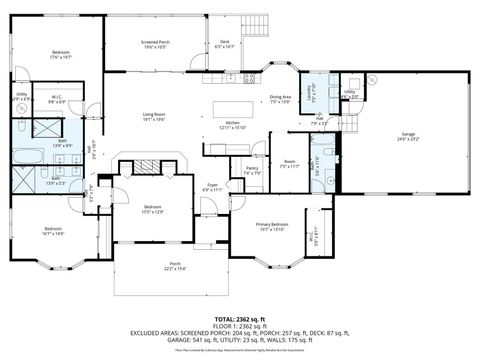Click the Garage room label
(408, 136)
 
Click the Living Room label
(153, 117)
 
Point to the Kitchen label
(232, 125)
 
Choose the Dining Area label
(280, 99)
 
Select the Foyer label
(212, 187)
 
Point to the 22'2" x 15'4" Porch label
(175, 267)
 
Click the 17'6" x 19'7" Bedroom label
(62, 55)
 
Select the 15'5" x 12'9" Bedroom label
(152, 209)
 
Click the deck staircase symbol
(260, 25)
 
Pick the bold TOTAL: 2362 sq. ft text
(240, 317)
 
